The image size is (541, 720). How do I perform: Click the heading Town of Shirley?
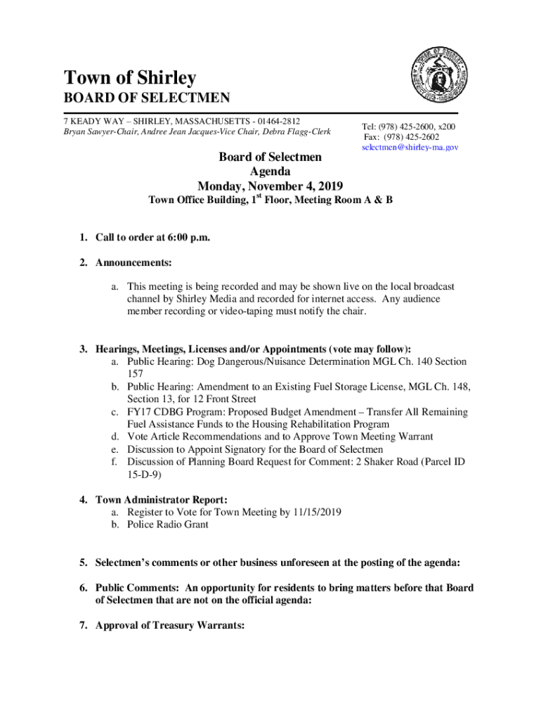pos(130,78)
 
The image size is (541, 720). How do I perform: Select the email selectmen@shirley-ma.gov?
pos(410,148)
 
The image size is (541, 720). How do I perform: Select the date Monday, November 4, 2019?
pos(270,186)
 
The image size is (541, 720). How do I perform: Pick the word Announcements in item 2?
pos(133,263)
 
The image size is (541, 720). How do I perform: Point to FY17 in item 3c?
pos(138,412)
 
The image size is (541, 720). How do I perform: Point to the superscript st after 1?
pos(259,197)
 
